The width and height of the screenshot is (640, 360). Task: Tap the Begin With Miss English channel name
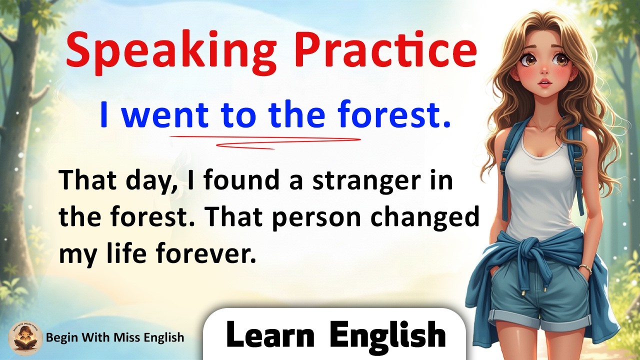(115, 338)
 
